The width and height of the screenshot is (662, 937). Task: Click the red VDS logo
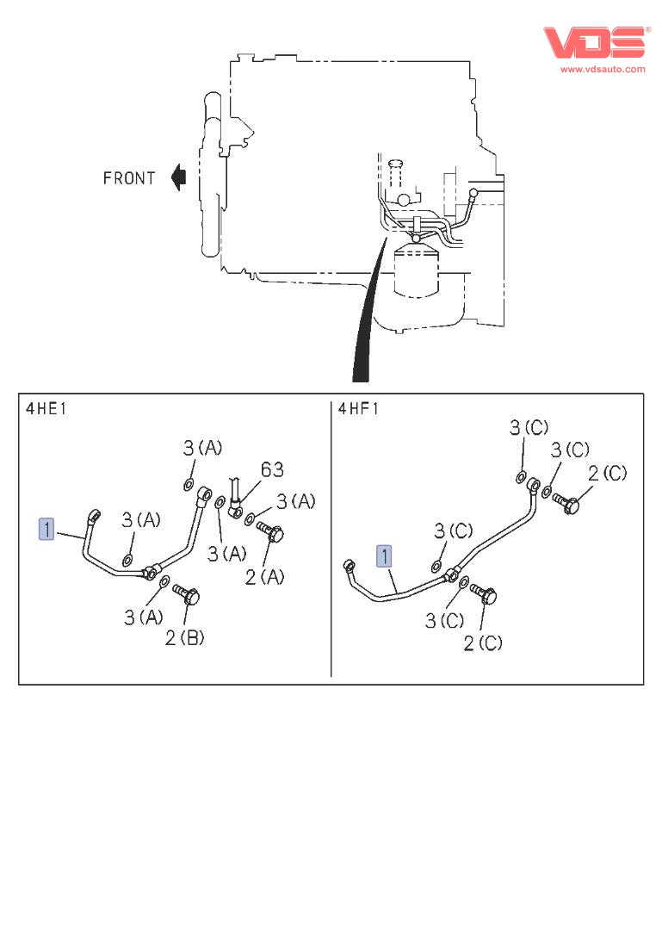pos(593,42)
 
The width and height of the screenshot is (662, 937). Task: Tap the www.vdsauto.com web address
pos(603,69)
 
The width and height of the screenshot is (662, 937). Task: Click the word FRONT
pos(129,178)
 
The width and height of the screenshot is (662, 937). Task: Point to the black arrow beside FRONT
pos(178,177)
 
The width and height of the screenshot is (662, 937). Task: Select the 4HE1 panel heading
pos(46,408)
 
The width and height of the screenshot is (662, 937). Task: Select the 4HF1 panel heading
pos(358,408)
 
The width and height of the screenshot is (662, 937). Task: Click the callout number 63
pos(272,469)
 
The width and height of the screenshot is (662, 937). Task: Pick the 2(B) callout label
pos(185,637)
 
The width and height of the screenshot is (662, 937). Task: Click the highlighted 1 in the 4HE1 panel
pos(46,528)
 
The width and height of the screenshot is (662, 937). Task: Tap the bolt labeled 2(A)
pos(271,533)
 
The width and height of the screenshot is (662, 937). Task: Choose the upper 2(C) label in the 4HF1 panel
pos(608,472)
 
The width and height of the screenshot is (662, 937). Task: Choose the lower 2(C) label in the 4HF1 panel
pos(483,642)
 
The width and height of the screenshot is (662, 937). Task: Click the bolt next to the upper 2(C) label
pos(568,503)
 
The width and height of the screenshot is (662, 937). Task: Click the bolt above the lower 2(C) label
pos(484,594)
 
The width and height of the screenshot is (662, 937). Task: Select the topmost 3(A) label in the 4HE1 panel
pos(202,447)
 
